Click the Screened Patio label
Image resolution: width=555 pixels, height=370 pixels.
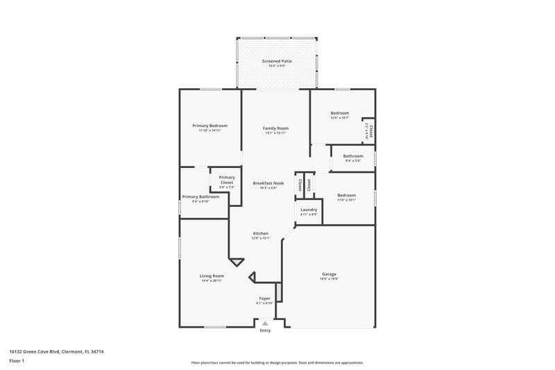[276, 61]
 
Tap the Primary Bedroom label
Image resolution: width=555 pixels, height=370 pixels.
[210, 126]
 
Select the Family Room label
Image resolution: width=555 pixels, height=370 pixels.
[275, 128]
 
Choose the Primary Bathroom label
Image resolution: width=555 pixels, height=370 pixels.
[200, 196]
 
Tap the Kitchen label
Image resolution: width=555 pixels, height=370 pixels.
[260, 233]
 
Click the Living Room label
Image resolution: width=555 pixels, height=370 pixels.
[212, 276]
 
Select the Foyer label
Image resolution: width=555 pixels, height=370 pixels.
[265, 298]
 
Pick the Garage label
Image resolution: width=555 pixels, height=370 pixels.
[329, 274]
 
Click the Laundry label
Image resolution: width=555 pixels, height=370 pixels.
[309, 210]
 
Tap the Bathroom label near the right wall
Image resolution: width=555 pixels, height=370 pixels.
[353, 156]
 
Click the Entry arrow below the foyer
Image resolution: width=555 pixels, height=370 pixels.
[265, 323]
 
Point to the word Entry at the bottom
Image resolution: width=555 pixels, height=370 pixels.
[265, 330]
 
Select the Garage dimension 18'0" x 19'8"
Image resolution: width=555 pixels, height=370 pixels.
[329, 278]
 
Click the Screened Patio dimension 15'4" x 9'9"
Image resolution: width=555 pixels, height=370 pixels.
[276, 66]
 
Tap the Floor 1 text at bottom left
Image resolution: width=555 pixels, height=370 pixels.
[17, 362]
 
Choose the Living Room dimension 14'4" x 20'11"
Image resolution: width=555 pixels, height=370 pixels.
[212, 280]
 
